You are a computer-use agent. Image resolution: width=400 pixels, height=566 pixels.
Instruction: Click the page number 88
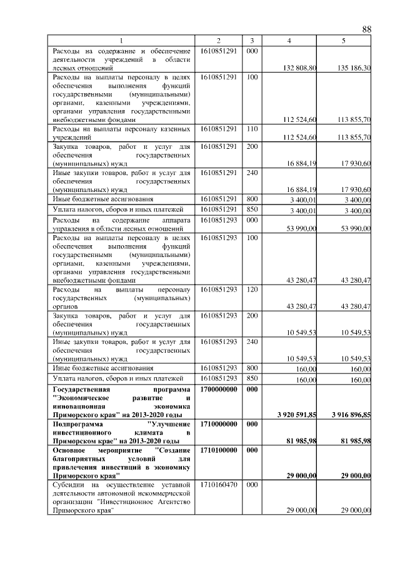(x=366, y=29)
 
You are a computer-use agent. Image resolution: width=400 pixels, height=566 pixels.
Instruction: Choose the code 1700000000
(x=218, y=388)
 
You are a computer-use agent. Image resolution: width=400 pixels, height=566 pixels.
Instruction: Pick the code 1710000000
(x=218, y=423)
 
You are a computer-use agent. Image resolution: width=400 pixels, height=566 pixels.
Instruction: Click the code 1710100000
(x=218, y=450)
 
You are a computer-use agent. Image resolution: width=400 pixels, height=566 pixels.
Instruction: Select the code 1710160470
(x=218, y=485)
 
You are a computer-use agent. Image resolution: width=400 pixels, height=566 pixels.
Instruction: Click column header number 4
(x=289, y=41)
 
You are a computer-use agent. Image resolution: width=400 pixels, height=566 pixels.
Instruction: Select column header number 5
(x=344, y=41)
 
